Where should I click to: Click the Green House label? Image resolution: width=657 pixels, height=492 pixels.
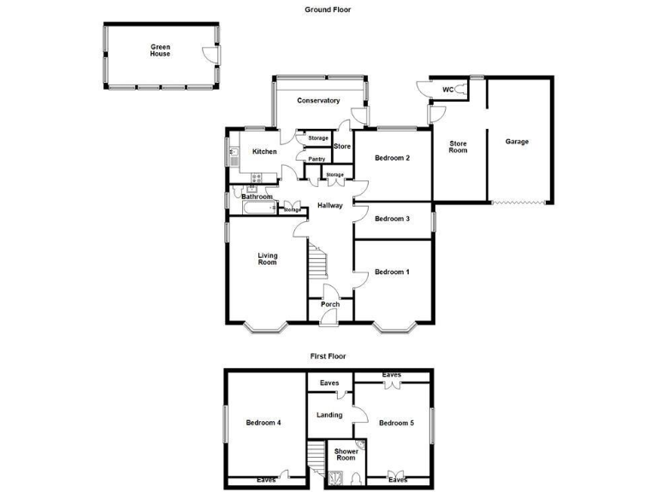(160, 50)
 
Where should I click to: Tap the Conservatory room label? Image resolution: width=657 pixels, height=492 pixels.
(318, 101)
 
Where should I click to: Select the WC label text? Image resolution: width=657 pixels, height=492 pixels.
(447, 90)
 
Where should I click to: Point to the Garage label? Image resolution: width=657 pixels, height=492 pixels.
(517, 142)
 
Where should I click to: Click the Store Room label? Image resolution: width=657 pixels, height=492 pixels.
(459, 147)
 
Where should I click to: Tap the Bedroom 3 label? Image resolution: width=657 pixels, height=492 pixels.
(392, 219)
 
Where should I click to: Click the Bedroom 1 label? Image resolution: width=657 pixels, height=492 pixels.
(392, 272)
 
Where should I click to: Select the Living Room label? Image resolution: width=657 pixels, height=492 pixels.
(267, 259)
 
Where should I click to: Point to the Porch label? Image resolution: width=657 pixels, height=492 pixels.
(330, 304)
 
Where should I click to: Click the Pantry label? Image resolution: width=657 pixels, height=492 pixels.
(317, 159)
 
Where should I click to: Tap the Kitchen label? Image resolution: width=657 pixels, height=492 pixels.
(264, 152)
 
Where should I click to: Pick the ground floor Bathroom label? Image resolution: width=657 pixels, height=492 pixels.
(257, 197)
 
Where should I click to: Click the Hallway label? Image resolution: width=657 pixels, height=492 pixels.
(330, 206)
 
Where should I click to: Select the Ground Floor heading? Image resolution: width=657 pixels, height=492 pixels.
(328, 9)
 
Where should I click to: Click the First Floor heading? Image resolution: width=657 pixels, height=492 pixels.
(328, 356)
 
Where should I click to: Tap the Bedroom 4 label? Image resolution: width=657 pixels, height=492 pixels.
(263, 423)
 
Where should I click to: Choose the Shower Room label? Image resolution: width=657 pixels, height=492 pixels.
(346, 454)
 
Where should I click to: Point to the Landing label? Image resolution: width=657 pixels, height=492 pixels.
(329, 415)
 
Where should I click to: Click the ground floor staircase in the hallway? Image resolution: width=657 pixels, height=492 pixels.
(318, 262)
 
